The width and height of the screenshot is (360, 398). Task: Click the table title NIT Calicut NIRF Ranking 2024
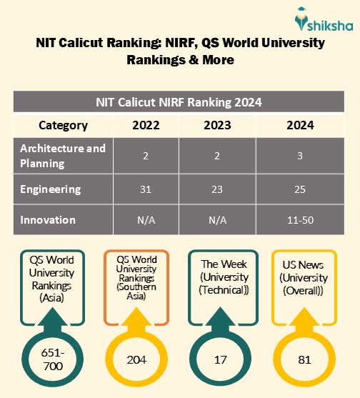(x=179, y=102)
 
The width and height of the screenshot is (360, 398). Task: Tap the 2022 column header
(x=146, y=125)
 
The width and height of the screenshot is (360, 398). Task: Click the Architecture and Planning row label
(x=63, y=156)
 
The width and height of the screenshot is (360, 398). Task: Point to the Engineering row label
(x=51, y=189)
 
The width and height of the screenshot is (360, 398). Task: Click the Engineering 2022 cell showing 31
(x=146, y=190)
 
